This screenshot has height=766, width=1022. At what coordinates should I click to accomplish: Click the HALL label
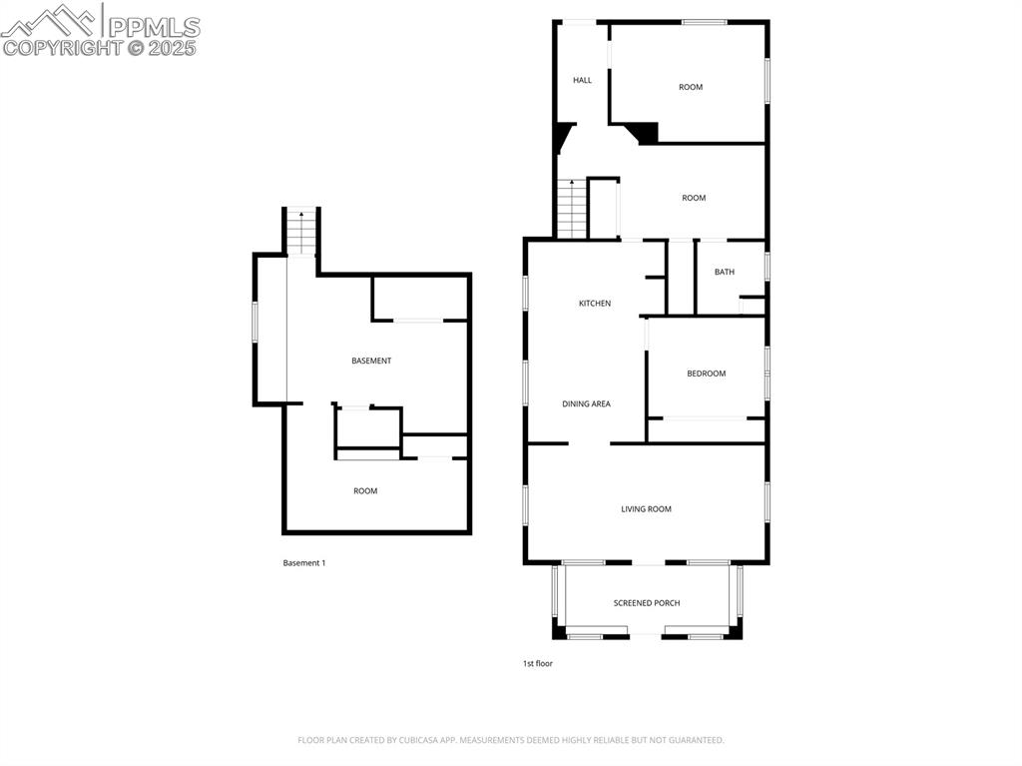[582, 80]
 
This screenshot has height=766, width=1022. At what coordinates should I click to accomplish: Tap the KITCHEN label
[595, 304]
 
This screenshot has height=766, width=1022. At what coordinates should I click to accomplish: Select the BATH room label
[724, 272]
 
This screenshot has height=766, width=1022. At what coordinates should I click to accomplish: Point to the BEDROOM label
[706, 374]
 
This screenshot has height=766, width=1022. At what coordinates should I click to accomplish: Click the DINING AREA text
[586, 404]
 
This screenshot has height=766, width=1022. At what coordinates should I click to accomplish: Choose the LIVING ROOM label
[646, 509]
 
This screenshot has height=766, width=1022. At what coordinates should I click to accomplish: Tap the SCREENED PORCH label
[647, 603]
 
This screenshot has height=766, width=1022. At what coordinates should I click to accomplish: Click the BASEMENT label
[371, 361]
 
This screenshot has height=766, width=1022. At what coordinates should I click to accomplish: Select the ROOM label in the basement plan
[365, 491]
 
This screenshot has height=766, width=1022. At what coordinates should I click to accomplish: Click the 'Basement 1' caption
[303, 563]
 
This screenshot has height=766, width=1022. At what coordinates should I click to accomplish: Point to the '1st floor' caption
[537, 663]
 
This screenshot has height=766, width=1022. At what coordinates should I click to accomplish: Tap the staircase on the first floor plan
[571, 209]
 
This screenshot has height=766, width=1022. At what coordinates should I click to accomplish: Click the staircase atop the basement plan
[301, 231]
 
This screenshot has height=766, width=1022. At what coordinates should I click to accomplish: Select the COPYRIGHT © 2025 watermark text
[100, 48]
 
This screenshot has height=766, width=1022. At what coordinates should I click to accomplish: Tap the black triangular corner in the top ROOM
[645, 132]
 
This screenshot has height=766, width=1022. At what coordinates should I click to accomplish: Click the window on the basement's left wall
[255, 323]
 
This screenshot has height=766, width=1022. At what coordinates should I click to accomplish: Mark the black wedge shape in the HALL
[564, 134]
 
